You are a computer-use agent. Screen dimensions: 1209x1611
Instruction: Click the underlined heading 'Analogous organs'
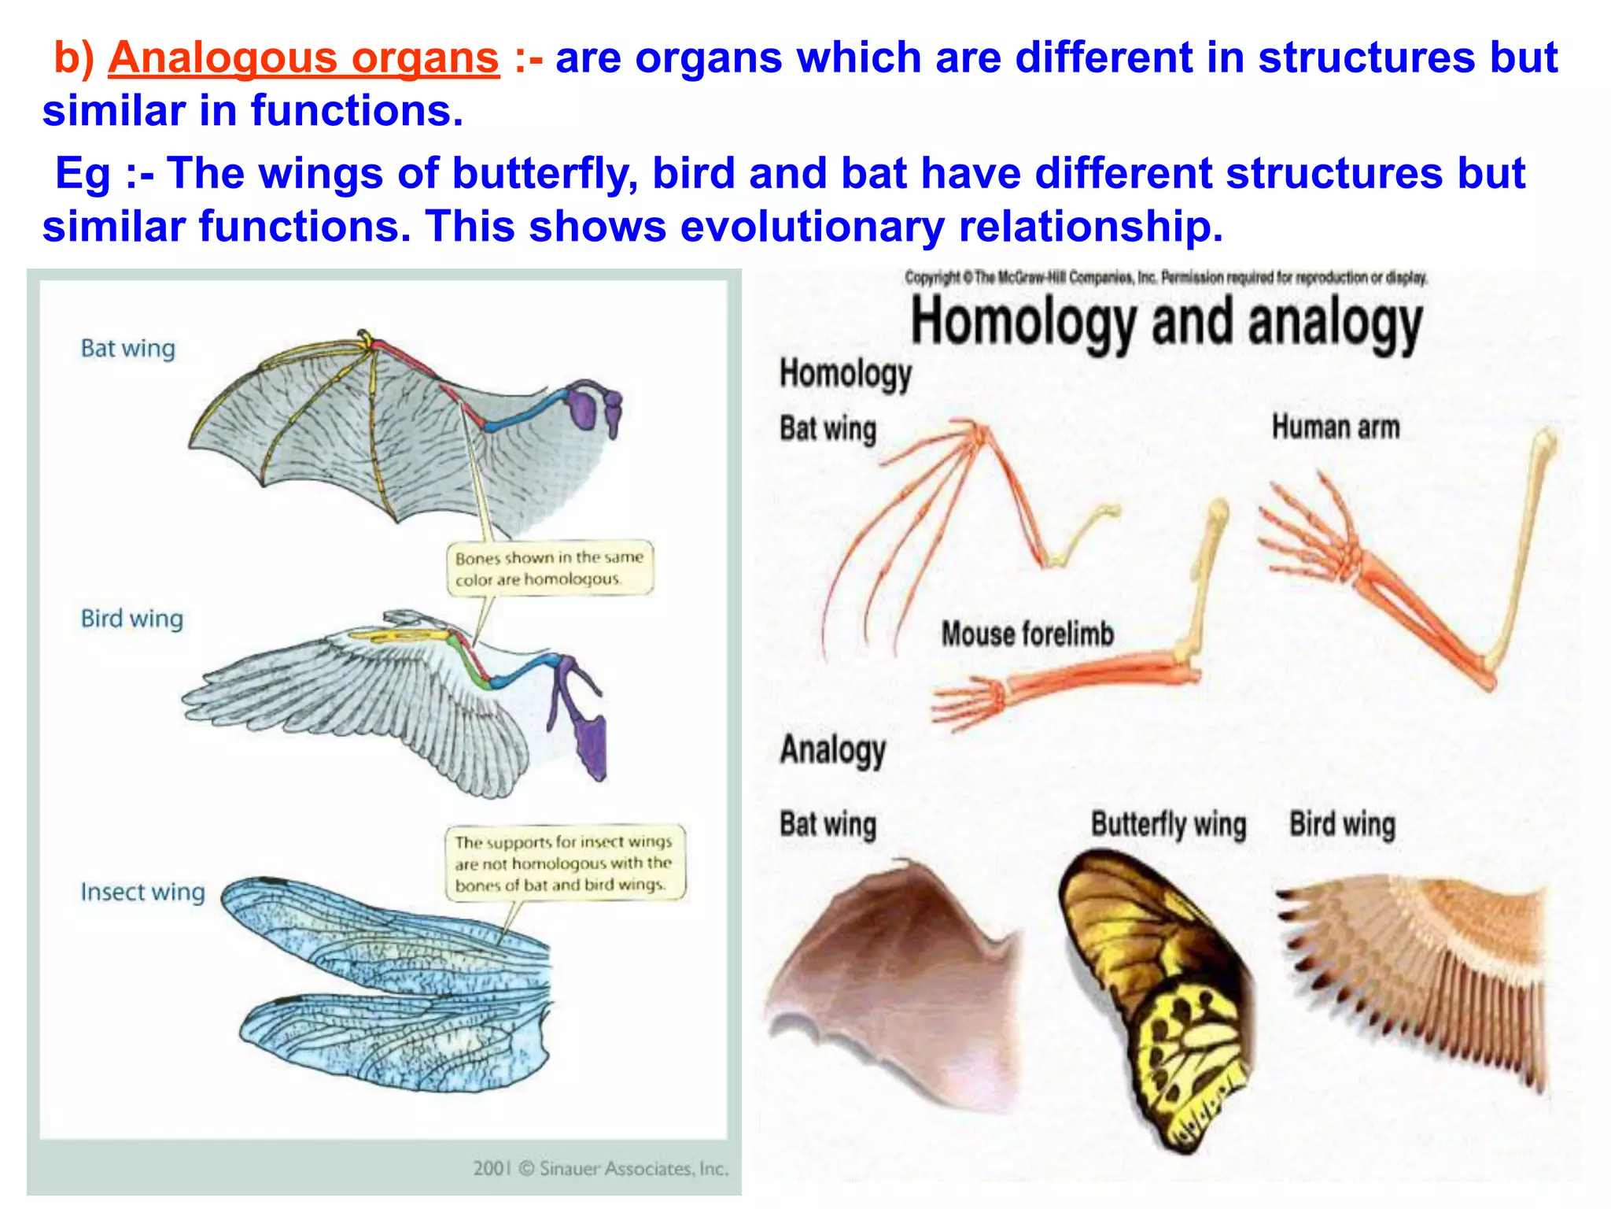(304, 58)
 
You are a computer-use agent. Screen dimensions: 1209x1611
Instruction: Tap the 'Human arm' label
(1336, 427)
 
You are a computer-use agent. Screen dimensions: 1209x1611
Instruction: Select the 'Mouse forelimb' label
(1027, 634)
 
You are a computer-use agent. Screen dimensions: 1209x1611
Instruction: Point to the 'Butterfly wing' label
(1168, 825)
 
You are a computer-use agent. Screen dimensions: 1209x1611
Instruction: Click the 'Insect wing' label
(142, 892)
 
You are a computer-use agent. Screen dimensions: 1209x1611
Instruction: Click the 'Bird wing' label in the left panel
(131, 619)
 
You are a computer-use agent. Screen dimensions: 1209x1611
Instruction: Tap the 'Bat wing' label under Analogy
(828, 825)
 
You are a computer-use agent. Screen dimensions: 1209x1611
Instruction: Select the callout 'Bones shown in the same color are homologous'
(549, 568)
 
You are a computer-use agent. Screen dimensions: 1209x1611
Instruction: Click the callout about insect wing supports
(563, 863)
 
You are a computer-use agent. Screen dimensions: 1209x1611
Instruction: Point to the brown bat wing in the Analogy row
(897, 984)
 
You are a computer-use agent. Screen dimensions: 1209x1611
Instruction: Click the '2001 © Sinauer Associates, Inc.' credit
(600, 1168)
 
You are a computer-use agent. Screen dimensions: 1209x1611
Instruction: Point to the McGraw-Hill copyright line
(1166, 278)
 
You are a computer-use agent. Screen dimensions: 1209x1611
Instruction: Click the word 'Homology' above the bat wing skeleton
(846, 374)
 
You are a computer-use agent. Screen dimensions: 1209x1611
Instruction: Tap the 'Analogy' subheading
(832, 749)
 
